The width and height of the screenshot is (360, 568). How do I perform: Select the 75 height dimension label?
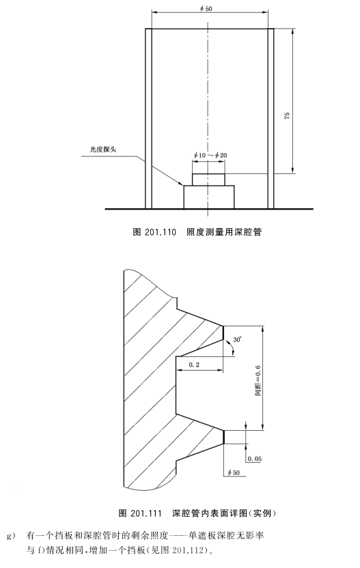click(x=287, y=116)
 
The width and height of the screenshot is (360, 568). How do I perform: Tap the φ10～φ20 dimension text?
click(x=210, y=156)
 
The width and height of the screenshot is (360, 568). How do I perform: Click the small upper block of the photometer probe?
click(x=208, y=180)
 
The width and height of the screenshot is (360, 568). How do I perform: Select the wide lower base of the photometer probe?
click(x=209, y=197)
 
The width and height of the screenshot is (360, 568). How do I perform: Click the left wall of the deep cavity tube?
click(x=148, y=119)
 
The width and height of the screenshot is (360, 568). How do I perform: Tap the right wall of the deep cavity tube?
click(x=271, y=119)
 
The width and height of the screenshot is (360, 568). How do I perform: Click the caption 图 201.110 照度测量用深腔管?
click(x=197, y=232)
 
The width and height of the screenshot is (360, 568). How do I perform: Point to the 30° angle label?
click(x=238, y=340)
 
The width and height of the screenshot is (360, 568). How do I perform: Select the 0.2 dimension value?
click(x=194, y=365)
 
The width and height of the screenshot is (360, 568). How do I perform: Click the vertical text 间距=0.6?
click(x=258, y=380)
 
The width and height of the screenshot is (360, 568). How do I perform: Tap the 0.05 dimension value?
click(x=255, y=459)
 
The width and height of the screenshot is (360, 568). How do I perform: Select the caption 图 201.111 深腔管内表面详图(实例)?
click(x=197, y=513)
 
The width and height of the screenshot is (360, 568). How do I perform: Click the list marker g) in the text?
click(x=10, y=535)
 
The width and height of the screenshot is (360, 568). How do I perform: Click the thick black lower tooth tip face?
click(x=224, y=437)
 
